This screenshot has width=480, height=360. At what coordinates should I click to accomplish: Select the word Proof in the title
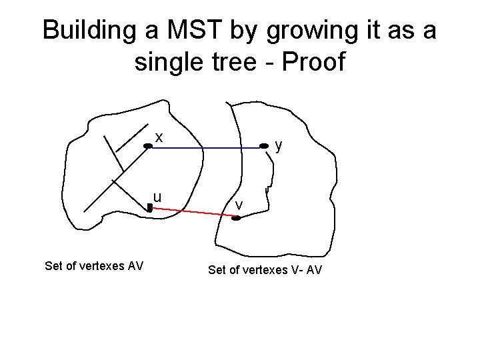point(313,62)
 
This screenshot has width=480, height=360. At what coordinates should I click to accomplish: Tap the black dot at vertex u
point(150,208)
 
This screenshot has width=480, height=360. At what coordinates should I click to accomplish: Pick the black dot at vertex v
point(235,217)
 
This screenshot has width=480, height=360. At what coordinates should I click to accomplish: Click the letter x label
point(159,137)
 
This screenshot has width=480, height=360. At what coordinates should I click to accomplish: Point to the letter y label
point(279,145)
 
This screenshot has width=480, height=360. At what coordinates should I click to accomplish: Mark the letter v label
point(239,203)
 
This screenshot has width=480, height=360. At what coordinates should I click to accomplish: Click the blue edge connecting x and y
point(207,147)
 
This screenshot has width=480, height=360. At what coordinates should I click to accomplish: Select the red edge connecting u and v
point(193,212)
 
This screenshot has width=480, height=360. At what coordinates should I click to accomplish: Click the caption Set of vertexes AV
point(94,267)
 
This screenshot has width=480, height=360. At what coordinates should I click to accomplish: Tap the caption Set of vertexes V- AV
point(265,270)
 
